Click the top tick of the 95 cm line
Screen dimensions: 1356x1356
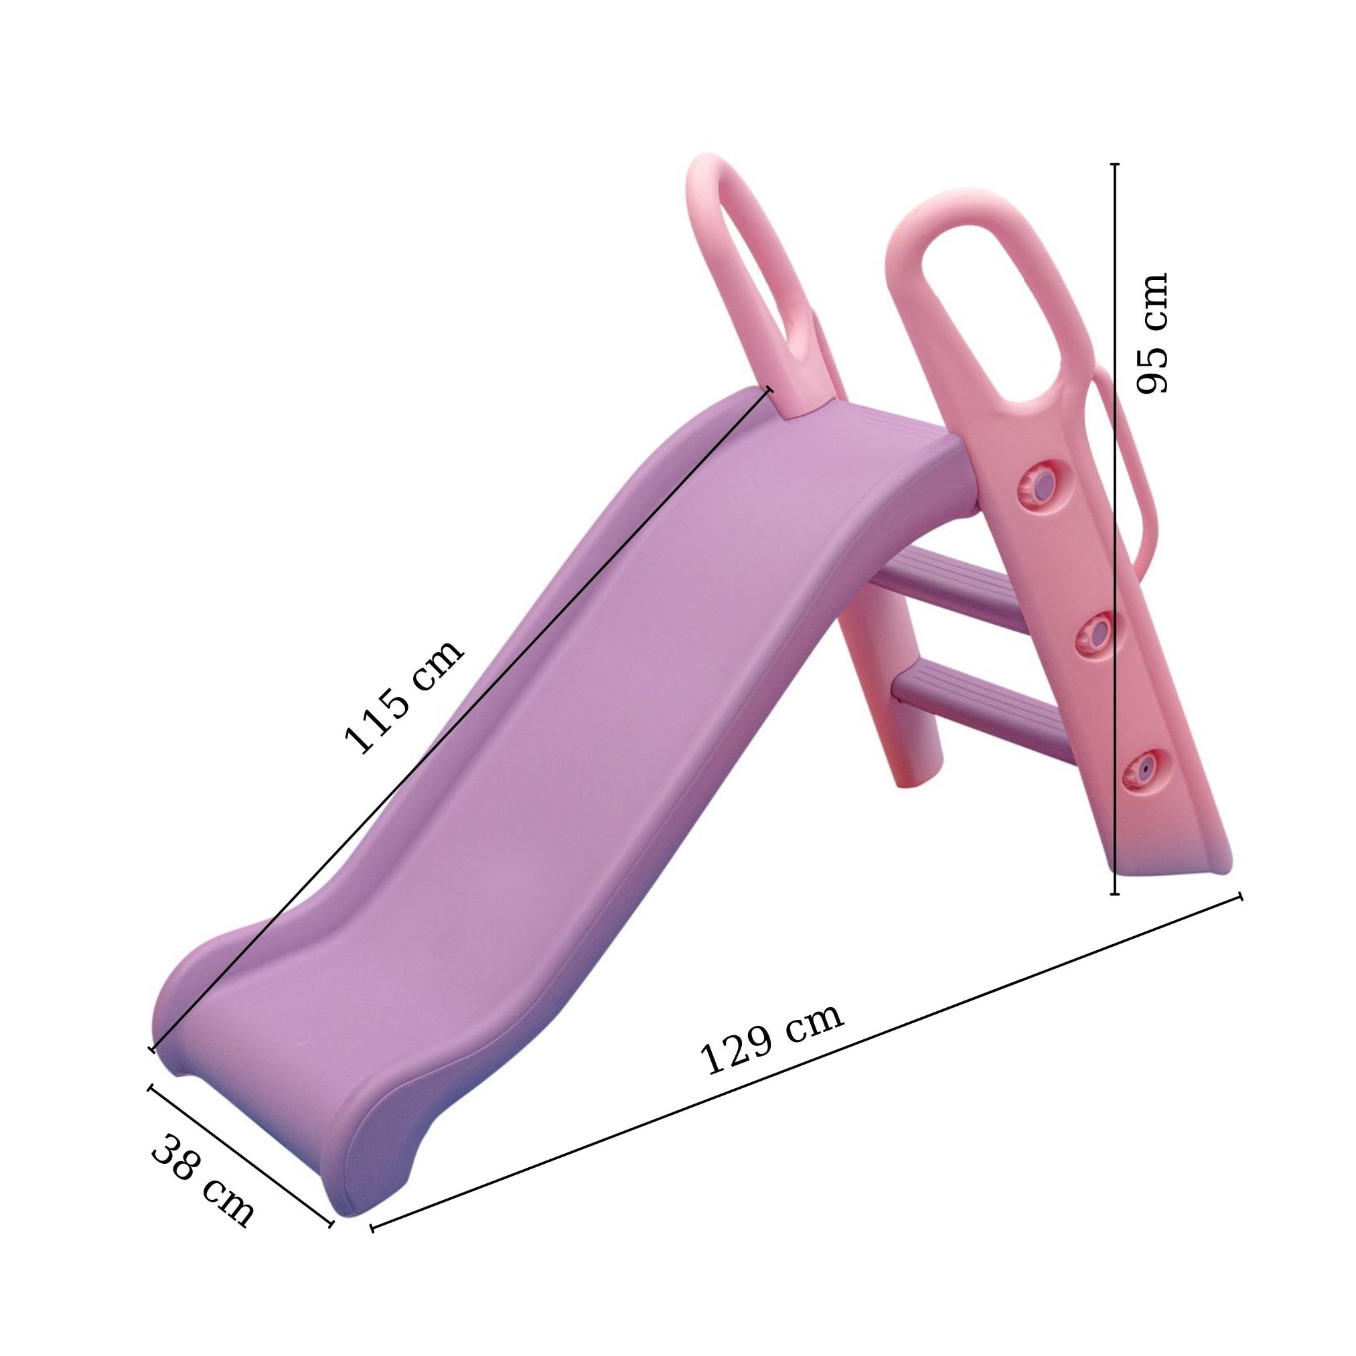pos(1114,164)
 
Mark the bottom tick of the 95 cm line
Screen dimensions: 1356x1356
pos(1114,894)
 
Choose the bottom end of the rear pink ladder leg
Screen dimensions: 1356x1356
pos(913,779)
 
